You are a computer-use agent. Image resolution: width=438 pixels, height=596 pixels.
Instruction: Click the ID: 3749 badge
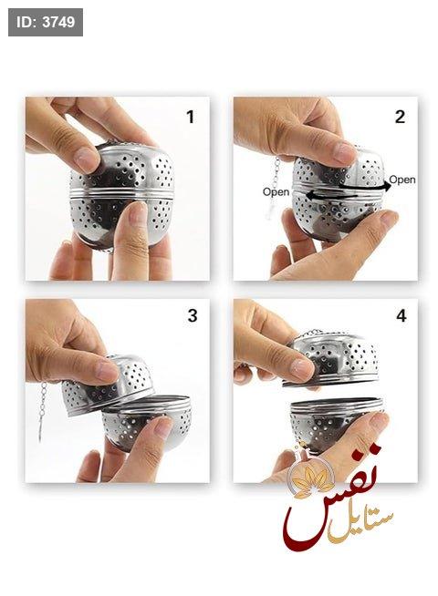pyautogui.click(x=46, y=22)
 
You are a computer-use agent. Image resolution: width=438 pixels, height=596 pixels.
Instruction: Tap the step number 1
pyautogui.click(x=191, y=117)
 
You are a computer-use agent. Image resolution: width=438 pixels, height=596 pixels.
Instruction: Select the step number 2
pyautogui.click(x=400, y=117)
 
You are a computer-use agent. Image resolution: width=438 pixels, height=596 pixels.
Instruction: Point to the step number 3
pyautogui.click(x=193, y=315)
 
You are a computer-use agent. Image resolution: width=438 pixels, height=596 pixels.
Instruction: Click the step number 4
pyautogui.click(x=401, y=315)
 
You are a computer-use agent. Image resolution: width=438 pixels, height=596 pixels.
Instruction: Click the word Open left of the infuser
pyautogui.click(x=276, y=191)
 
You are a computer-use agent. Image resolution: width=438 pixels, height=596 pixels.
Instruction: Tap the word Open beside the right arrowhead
pyautogui.click(x=402, y=179)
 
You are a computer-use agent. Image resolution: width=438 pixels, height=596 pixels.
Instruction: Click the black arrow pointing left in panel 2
pyautogui.click(x=331, y=195)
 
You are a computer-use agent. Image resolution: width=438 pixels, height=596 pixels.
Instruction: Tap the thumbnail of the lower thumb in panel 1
pyautogui.click(x=138, y=213)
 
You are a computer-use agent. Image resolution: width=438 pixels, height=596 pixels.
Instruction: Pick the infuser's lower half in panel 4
pyautogui.click(x=335, y=424)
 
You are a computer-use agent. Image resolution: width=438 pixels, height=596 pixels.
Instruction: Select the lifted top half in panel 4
pyautogui.click(x=332, y=358)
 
